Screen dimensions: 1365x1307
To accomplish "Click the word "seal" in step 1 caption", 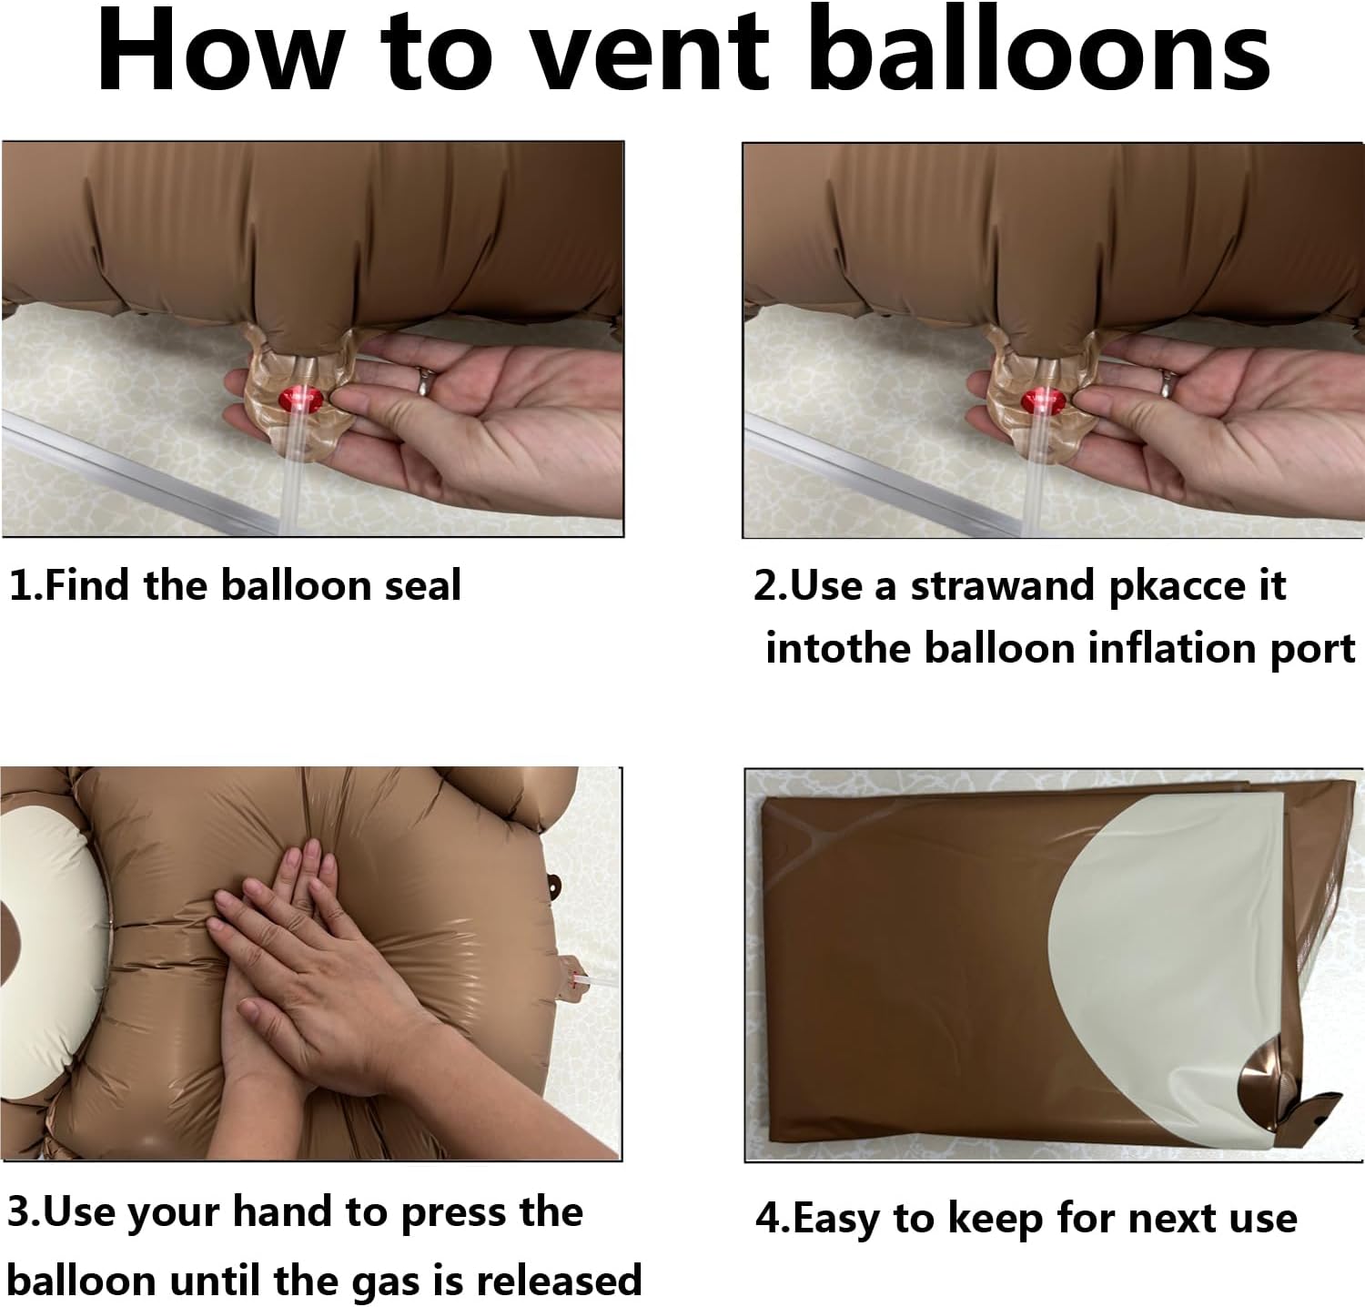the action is click(423, 585).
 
